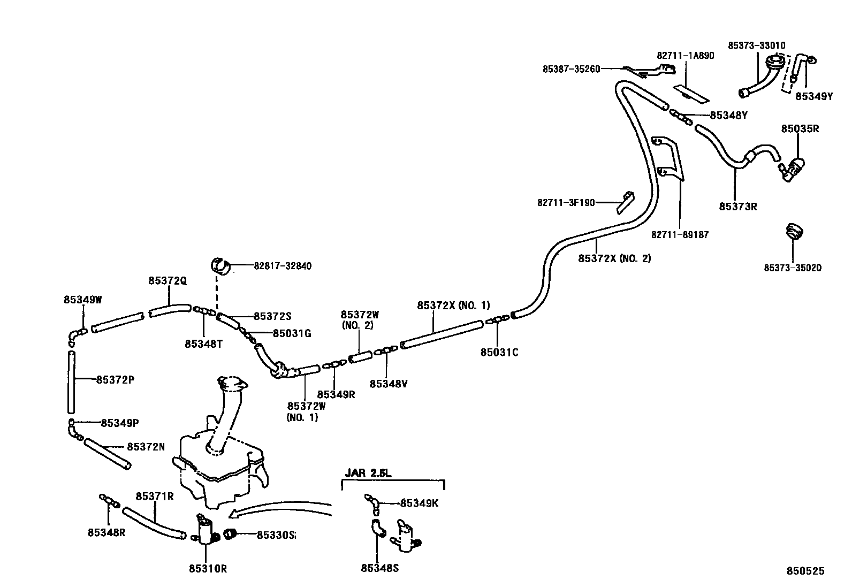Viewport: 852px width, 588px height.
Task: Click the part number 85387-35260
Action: [571, 68]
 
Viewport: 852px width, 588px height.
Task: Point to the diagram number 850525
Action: [805, 571]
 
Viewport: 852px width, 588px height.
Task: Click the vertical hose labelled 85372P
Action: [71, 382]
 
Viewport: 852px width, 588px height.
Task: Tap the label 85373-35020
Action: [792, 268]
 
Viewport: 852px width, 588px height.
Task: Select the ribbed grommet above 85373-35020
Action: [795, 232]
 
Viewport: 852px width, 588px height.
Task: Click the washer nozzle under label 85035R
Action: [794, 168]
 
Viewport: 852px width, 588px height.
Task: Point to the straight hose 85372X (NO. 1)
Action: [442, 334]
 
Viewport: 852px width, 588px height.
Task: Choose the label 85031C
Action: [499, 352]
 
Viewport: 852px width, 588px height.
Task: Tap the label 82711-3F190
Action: [566, 203]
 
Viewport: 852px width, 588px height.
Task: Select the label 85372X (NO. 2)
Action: [614, 258]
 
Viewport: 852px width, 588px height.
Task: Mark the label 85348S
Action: [379, 568]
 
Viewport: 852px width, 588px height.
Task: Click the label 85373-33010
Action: [756, 45]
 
